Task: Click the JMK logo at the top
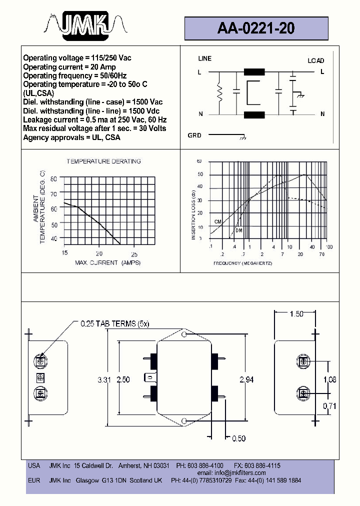(85, 24)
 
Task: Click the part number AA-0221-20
(256, 29)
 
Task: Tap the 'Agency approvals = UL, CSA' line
(71, 137)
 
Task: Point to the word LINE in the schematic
(205, 58)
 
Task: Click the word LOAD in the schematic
(315, 60)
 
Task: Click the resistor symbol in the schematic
(218, 92)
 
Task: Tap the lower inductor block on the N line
(254, 115)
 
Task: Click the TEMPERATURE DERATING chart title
(103, 161)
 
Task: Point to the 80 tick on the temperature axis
(54, 178)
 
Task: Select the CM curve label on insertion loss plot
(217, 221)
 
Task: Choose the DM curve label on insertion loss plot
(238, 230)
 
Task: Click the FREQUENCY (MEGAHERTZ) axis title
(242, 263)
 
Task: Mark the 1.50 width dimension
(296, 314)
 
